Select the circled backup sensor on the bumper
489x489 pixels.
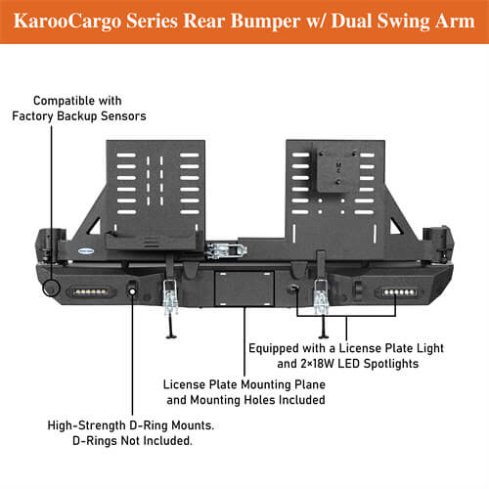pos(51,289)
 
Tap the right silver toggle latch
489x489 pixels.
pos(319,293)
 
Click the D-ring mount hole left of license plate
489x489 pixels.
pos(132,289)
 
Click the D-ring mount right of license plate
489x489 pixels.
pos(292,290)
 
